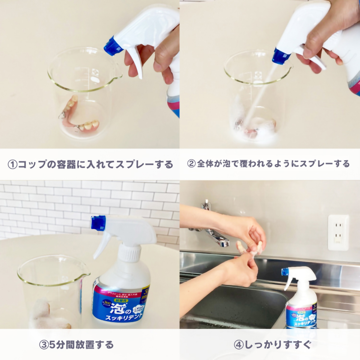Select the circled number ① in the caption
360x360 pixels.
(12, 164)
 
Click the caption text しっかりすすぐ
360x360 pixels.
(277, 344)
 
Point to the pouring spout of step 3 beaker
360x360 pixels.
(87, 274)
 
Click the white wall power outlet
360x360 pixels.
(338, 232)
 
